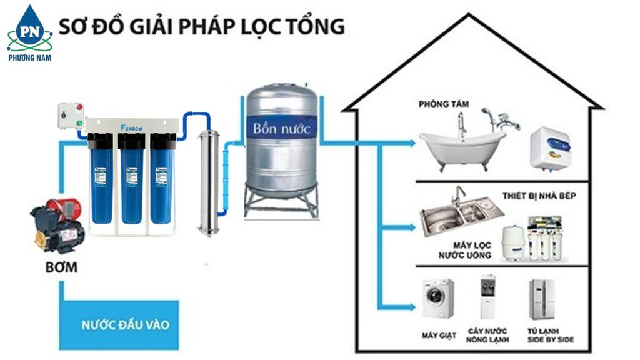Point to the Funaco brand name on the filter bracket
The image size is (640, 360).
click(132, 127)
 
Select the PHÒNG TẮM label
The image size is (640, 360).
click(444, 104)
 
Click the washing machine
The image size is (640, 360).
click(438, 299)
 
